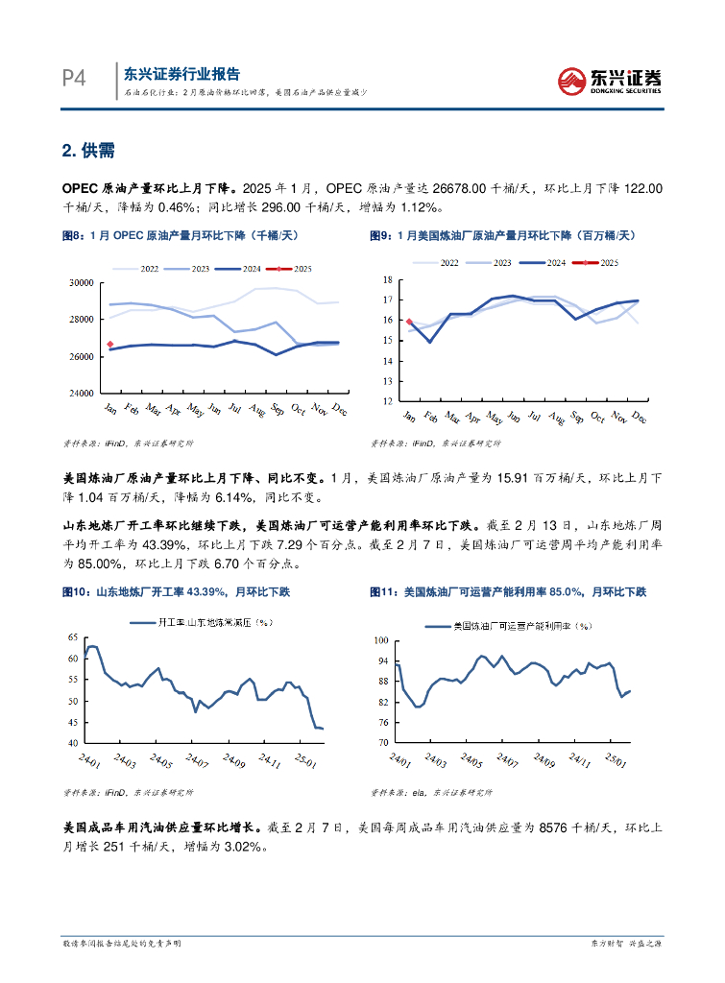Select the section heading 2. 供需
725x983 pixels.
tap(88, 150)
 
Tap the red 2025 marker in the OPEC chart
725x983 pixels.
tap(110, 344)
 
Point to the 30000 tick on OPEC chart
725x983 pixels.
tap(82, 282)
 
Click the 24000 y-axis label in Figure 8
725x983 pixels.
tap(82, 394)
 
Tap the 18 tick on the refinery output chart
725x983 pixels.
tap(388, 279)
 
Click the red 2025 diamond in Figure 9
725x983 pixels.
tap(409, 323)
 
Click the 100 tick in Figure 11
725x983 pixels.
tap(379, 640)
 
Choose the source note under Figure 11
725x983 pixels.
tap(429, 793)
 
